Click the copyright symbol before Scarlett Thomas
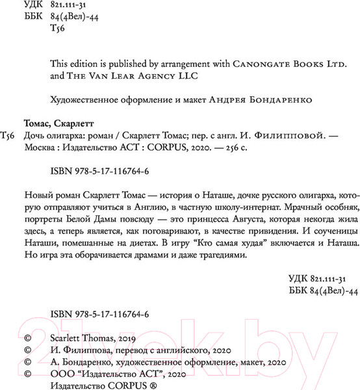[26, 339]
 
